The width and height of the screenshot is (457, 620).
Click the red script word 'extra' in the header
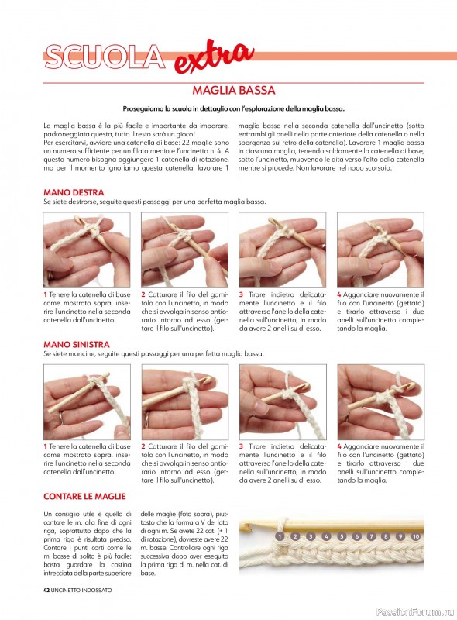pos(214,57)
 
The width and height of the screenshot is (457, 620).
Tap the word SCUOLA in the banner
pos(105,57)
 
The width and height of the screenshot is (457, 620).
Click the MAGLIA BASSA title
pos(234,90)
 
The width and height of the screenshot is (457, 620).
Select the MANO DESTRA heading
pos(74,192)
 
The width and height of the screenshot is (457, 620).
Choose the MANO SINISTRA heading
pos(77,344)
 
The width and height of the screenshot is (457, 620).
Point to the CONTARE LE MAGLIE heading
pos(84,496)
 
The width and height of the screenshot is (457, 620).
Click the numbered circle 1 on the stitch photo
pos(280,536)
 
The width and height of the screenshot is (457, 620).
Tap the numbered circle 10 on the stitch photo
pos(415,536)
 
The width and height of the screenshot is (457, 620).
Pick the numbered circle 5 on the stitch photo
pos(342,536)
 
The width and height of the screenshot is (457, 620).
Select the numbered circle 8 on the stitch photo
pos(387,536)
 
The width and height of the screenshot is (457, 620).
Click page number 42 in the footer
pos(46,590)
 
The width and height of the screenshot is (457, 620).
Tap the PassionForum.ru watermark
pos(415,611)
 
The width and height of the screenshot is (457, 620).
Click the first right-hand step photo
pos(87,250)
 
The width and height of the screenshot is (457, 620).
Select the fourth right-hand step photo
pos(380,250)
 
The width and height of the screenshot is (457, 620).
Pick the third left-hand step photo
pos(283,401)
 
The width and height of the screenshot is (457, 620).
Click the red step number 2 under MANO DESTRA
pos(143,294)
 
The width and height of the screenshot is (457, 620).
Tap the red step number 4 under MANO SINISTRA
pos(339,446)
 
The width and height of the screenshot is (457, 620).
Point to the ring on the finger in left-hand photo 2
pos(147,416)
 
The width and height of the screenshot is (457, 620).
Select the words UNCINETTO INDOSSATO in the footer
pos(81,590)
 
